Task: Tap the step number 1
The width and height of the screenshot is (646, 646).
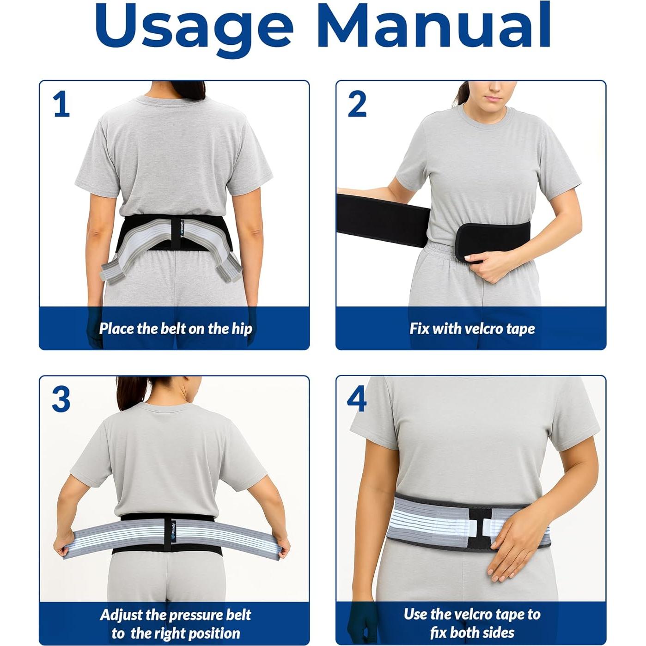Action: coord(61,104)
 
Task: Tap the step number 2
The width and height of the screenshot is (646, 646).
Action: coord(357,104)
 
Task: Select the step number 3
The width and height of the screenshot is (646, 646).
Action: coord(61,399)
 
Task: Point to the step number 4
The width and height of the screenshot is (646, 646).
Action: coord(357,399)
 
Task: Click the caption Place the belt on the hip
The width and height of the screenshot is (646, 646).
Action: coord(175,329)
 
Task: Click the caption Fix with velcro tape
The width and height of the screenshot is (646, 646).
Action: coord(472,329)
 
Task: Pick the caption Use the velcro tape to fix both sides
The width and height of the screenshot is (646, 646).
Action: coord(472,623)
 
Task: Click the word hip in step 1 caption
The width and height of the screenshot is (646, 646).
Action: coord(241,329)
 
